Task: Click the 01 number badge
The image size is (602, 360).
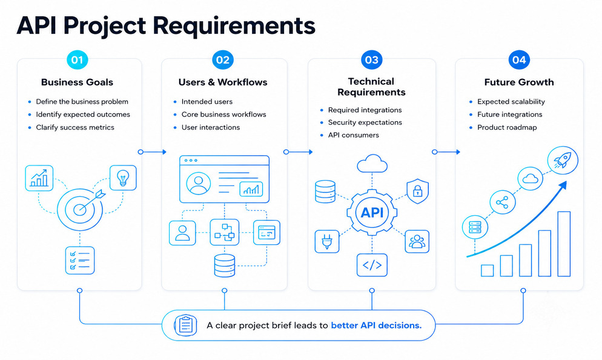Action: coord(77,60)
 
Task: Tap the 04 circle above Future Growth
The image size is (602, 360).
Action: coord(519,60)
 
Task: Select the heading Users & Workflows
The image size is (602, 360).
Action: coord(223,82)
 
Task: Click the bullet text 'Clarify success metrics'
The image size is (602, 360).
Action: coord(75,127)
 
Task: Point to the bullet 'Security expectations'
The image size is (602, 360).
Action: coord(365,122)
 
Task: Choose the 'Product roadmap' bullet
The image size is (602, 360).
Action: coord(507,127)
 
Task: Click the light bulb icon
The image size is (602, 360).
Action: coord(123,178)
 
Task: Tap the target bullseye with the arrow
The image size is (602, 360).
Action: coord(81,208)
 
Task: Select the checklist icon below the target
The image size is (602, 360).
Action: coord(80,260)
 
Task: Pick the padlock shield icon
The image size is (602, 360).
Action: coord(417,191)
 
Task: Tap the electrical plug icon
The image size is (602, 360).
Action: coord(326,241)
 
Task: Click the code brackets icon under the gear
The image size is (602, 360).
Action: coord(372,265)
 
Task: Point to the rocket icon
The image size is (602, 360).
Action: coord(563,160)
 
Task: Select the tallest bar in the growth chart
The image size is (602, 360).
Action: coord(564,244)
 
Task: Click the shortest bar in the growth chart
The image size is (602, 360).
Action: coord(487,270)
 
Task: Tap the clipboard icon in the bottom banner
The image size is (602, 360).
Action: coord(185,325)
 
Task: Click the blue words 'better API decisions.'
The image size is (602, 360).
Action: coord(376,325)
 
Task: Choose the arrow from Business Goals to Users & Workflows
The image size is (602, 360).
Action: coord(152,152)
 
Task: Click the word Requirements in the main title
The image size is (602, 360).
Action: coord(234,25)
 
